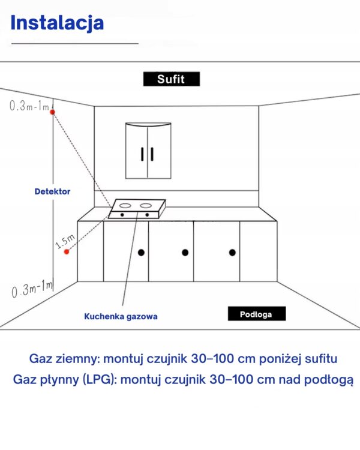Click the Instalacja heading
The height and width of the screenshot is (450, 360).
pos(57,23)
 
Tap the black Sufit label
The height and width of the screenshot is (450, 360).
pos(172,79)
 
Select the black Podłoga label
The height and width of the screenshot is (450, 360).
pos(257,314)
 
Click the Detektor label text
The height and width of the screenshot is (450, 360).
pos(52,191)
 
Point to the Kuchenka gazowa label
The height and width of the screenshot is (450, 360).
pos(121,316)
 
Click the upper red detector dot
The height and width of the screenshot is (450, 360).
pos(52,112)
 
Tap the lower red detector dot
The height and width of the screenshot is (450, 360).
pos(67,251)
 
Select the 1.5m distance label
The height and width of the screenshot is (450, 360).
pos(65,241)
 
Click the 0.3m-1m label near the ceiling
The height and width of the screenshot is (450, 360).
pos(29,106)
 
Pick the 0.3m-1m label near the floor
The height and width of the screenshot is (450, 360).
pos(32,289)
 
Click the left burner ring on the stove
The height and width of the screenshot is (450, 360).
pos(125,205)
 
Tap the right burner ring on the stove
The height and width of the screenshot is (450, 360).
pos(146,205)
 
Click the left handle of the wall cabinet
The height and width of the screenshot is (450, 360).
pos(142,154)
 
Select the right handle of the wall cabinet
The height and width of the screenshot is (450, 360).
pos(152,154)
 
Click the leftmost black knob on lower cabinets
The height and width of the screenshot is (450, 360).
pos(141,253)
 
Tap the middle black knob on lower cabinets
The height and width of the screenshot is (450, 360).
pos(185,253)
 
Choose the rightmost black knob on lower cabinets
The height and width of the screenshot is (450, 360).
pos(233,253)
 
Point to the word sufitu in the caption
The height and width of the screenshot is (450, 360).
pos(321,359)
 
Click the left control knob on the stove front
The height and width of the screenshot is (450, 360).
pos(122,215)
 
